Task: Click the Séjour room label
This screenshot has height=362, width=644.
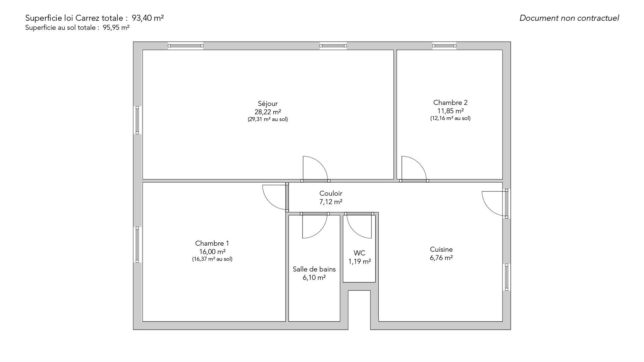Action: [268, 104]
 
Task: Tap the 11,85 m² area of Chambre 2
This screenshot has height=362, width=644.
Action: [450, 111]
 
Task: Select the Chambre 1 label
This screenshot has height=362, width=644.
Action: [212, 243]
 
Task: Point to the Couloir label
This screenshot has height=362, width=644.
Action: [331, 193]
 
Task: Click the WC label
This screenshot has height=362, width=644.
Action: [360, 253]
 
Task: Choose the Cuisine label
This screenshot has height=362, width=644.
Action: [441, 249]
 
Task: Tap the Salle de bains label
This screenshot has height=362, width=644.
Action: [314, 269]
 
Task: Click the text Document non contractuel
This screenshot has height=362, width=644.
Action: [569, 18]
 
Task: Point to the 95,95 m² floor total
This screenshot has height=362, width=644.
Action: [116, 28]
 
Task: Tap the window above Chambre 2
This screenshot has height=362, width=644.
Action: [444, 46]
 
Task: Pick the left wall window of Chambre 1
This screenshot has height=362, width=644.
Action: [137, 245]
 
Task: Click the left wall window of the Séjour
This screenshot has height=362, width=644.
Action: [137, 120]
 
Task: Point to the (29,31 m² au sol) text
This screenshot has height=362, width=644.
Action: [268, 119]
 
